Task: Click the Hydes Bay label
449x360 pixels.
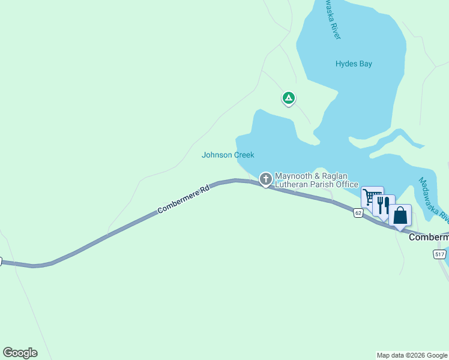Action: click(x=354, y=64)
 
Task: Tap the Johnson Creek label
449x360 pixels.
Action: click(x=228, y=155)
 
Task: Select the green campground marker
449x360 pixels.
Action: click(x=289, y=98)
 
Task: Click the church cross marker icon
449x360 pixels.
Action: click(x=265, y=178)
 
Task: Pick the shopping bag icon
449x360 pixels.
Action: click(x=400, y=215)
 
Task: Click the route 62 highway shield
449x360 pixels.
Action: click(x=358, y=212)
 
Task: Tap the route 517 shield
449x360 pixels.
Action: click(x=439, y=254)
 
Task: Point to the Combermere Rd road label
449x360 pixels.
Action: click(x=184, y=199)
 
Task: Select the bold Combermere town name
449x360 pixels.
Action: click(x=429, y=238)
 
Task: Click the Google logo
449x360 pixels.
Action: click(x=20, y=353)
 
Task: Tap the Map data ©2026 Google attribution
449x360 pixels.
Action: click(x=412, y=355)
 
